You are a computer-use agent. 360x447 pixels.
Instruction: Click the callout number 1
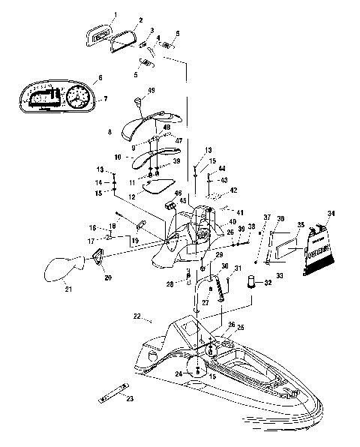tap(115, 14)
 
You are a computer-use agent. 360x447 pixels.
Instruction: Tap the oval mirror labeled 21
tap(59, 268)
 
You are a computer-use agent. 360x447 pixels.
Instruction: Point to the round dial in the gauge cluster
tap(76, 99)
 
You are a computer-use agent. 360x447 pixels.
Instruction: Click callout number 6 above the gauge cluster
tap(99, 77)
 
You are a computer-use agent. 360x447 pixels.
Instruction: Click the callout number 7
tap(105, 98)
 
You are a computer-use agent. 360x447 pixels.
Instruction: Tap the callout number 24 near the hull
tap(178, 373)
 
